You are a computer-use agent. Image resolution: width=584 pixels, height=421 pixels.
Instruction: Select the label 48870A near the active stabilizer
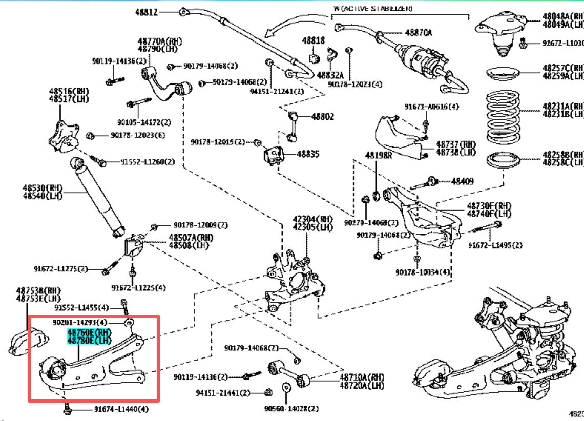(418, 32)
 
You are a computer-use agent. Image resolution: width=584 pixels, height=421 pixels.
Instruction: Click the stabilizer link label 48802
(322, 117)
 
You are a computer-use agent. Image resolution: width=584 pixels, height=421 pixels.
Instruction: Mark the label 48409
(462, 181)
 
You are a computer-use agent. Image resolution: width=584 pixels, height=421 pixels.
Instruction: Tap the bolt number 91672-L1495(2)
(495, 245)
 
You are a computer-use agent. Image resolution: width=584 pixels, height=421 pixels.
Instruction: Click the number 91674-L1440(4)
(121, 409)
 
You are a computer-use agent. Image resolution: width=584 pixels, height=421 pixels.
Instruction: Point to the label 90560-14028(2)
(291, 409)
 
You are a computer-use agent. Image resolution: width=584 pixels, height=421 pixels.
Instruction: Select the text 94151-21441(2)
(222, 393)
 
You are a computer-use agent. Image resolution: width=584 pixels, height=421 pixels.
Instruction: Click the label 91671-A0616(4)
(431, 107)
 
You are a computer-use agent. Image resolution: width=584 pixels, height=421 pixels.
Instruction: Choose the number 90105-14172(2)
(144, 122)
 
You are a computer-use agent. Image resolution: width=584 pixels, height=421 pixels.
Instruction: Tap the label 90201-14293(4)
(80, 323)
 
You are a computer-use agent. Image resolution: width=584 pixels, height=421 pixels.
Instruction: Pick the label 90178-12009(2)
(200, 225)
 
